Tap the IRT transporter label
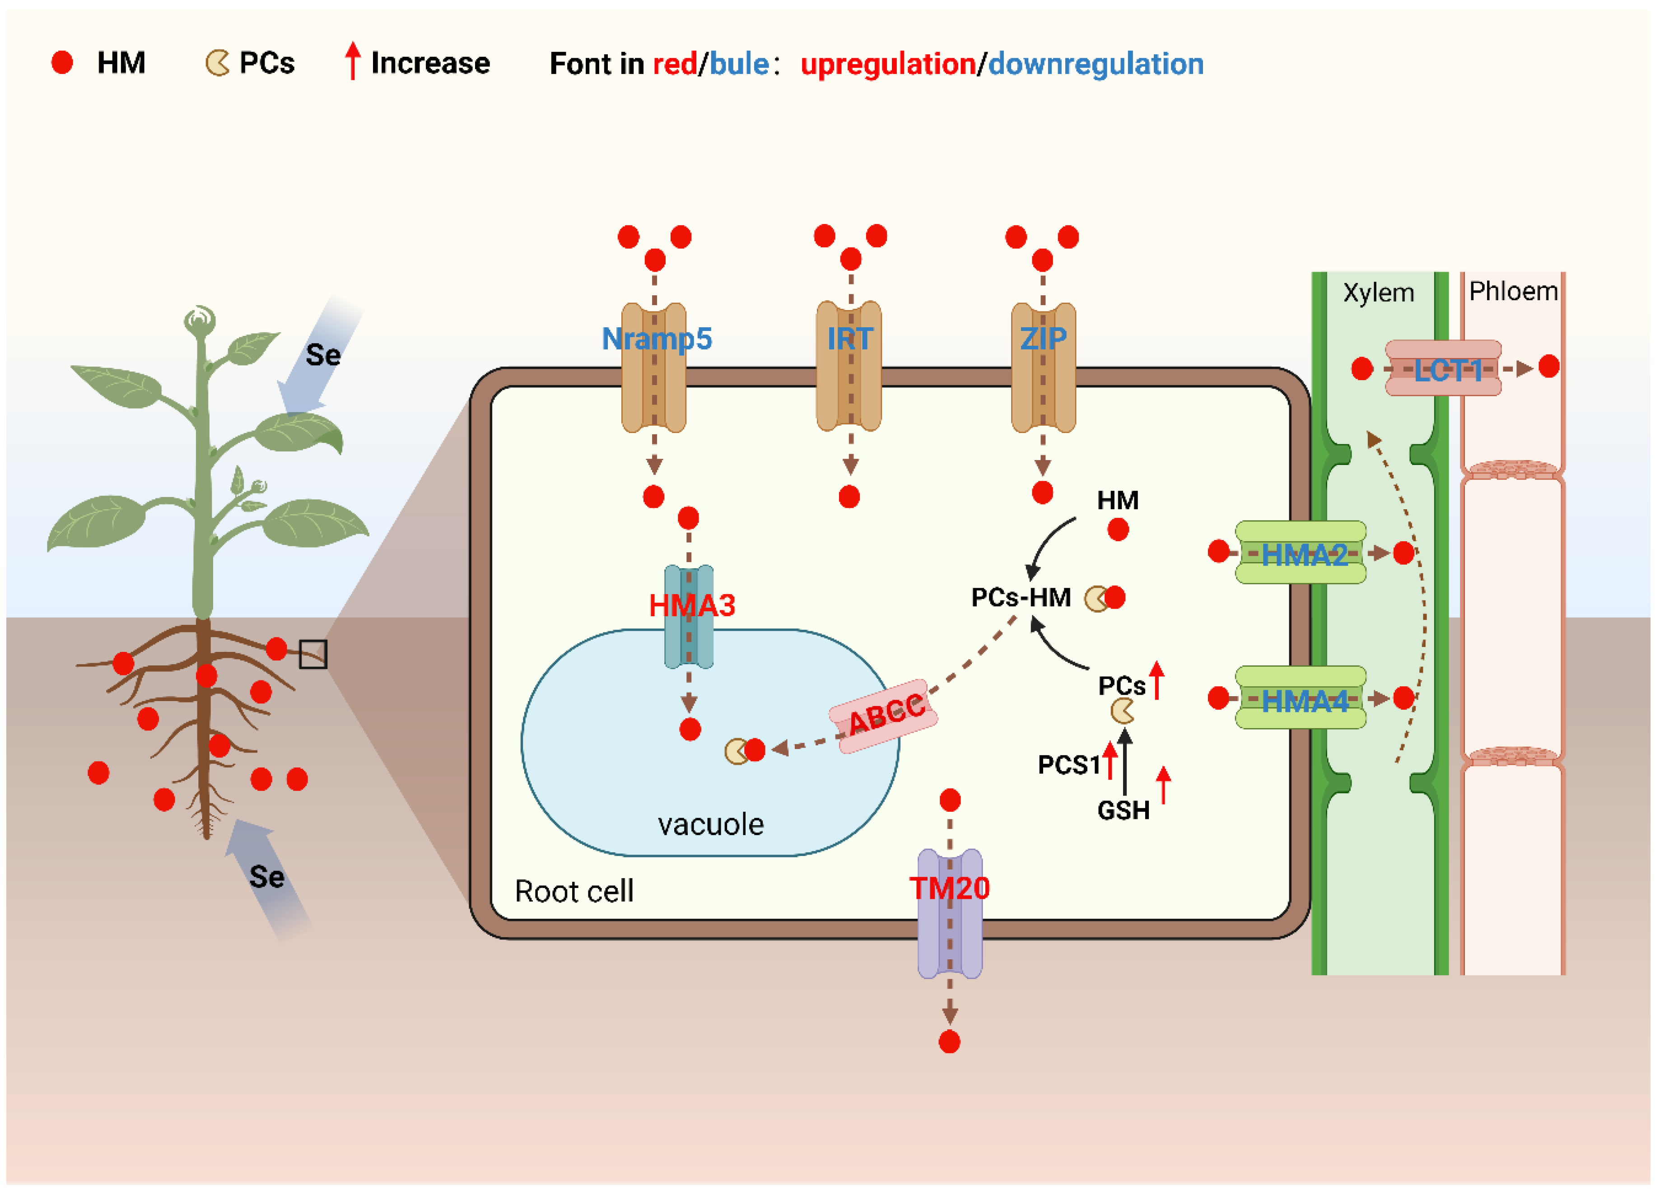point(850,339)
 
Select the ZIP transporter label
point(1043,339)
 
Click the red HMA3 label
point(692,606)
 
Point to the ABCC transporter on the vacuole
point(884,716)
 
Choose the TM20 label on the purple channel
point(949,888)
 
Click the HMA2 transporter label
point(1304,555)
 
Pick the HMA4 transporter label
point(1304,702)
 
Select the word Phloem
point(1513,291)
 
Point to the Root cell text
point(574,891)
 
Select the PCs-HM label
point(1020,598)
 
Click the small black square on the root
point(312,654)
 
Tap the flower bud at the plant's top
point(199,320)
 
